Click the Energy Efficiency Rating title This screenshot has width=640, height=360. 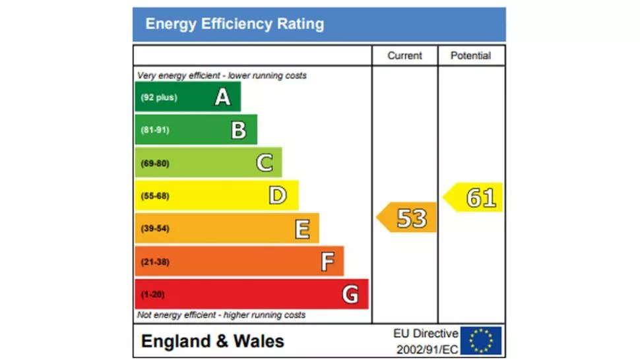(x=234, y=24)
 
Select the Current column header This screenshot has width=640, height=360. (x=404, y=56)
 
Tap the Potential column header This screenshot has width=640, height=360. (x=470, y=56)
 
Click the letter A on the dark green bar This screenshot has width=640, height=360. (x=223, y=98)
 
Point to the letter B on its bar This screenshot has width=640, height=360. (x=238, y=130)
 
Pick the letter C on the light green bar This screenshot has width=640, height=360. (x=265, y=163)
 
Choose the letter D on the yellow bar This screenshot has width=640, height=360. (x=278, y=196)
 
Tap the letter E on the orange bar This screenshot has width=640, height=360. (x=302, y=229)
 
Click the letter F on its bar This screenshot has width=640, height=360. (x=327, y=262)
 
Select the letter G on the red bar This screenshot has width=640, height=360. (x=350, y=294)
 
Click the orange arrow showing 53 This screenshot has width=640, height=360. (x=408, y=218)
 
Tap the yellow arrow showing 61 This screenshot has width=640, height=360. (x=474, y=198)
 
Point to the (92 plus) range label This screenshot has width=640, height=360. (x=158, y=98)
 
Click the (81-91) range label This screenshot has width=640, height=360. (x=155, y=130)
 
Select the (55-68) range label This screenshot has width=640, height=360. (x=155, y=196)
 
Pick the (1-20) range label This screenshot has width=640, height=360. (x=153, y=294)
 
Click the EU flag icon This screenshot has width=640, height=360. (x=481, y=341)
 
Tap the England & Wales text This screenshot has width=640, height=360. (x=212, y=342)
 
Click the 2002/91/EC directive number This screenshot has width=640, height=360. (x=426, y=349)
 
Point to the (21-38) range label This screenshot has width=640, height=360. (x=155, y=262)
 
